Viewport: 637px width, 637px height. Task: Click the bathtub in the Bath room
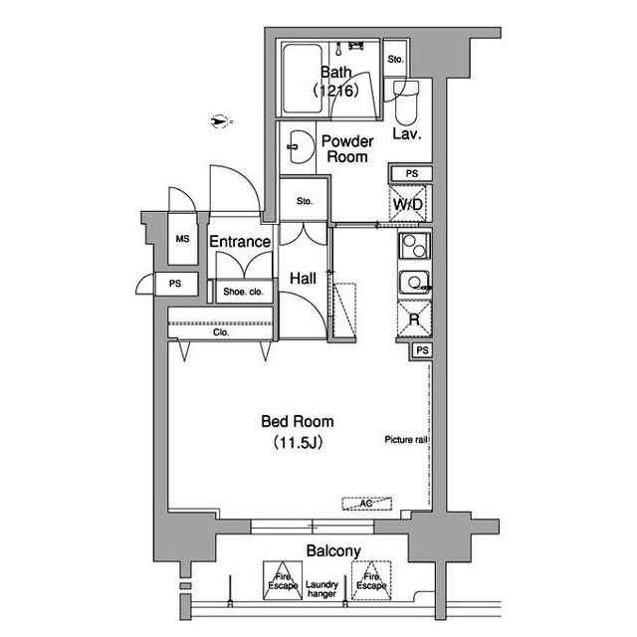pyautogui.click(x=303, y=79)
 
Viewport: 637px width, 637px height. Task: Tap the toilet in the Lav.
pyautogui.click(x=406, y=104)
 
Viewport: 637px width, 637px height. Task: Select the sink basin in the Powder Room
pyautogui.click(x=301, y=146)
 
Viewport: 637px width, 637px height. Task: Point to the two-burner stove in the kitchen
pyautogui.click(x=414, y=246)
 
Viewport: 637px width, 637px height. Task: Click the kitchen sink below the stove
pyautogui.click(x=414, y=283)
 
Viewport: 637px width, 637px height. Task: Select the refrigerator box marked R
pyautogui.click(x=414, y=319)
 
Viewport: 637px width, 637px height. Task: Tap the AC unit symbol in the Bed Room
pyautogui.click(x=367, y=504)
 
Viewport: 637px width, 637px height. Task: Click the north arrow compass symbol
pyautogui.click(x=220, y=121)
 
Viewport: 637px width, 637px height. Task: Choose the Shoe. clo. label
pyautogui.click(x=243, y=292)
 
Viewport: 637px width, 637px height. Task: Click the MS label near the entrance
pyautogui.click(x=182, y=239)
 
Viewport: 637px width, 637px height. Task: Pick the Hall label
pyautogui.click(x=303, y=279)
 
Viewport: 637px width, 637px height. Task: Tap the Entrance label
pyautogui.click(x=240, y=242)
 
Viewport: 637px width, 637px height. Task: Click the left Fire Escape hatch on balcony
pyautogui.click(x=283, y=581)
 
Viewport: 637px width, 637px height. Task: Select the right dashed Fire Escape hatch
pyautogui.click(x=371, y=581)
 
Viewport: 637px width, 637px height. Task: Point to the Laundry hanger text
pyautogui.click(x=321, y=589)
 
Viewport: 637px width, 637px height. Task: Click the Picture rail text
pyautogui.click(x=406, y=440)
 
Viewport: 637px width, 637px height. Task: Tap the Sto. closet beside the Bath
pyautogui.click(x=395, y=60)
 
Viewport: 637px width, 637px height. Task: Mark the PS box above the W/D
pyautogui.click(x=411, y=173)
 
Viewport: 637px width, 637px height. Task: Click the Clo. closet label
pyautogui.click(x=221, y=332)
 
